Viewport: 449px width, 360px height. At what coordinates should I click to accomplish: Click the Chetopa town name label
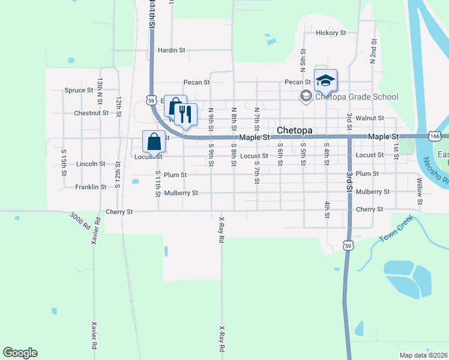click(296, 130)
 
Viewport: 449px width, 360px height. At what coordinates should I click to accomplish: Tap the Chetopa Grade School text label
click(356, 97)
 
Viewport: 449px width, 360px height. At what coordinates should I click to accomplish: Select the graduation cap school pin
click(325, 80)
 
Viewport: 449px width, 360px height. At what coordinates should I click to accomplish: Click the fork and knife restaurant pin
click(186, 113)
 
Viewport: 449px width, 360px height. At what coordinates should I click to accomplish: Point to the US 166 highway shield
click(436, 137)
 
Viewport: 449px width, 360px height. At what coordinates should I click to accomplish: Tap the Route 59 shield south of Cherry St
click(348, 245)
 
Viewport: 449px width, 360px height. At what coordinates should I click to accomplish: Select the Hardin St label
click(172, 50)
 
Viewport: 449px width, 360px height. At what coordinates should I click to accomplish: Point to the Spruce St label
click(78, 91)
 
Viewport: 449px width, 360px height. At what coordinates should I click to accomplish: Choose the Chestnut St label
click(91, 113)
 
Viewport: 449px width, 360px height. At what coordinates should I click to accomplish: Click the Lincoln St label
click(91, 163)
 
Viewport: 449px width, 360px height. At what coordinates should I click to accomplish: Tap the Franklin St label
click(91, 187)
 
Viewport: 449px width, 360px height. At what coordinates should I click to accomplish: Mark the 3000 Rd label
click(79, 220)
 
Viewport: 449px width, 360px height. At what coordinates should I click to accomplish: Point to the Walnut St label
click(369, 119)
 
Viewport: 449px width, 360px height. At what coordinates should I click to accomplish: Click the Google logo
click(20, 353)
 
